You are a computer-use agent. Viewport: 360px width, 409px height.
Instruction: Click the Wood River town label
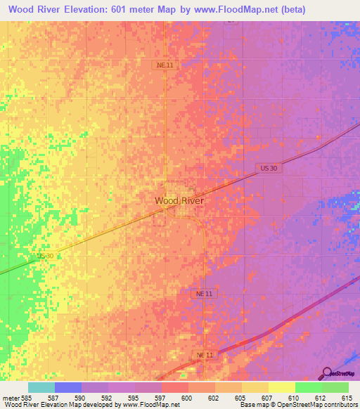click(179, 200)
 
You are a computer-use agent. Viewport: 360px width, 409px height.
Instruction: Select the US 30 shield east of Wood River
click(264, 167)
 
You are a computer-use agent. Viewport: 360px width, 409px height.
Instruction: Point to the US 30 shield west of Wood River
click(45, 257)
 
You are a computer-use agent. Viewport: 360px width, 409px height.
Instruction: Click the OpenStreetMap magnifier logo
click(327, 373)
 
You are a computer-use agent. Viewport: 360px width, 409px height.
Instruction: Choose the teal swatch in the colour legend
click(41, 387)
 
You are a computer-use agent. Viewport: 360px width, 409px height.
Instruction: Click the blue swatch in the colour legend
click(68, 387)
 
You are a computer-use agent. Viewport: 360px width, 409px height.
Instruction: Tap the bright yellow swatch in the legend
click(281, 387)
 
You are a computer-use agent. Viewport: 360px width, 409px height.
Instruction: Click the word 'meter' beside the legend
click(11, 397)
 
